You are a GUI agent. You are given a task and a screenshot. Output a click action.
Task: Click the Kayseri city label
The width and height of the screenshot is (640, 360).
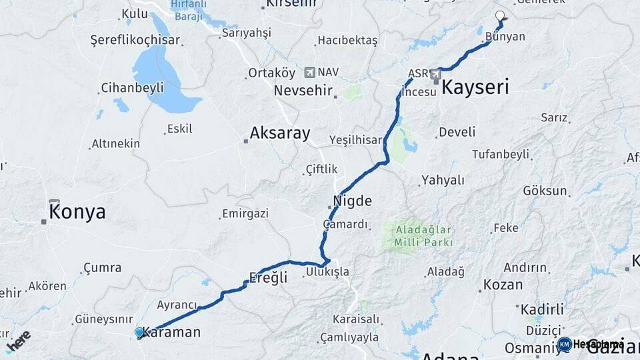point(475,87)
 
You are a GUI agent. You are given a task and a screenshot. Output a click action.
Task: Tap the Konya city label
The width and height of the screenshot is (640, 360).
point(77,212)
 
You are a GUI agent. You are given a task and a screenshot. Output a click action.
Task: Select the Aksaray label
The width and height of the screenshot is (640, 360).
point(280,133)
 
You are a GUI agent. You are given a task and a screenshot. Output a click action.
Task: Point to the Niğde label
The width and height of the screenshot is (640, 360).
point(353,201)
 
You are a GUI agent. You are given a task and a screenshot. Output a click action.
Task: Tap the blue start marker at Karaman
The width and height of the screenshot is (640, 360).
point(139,332)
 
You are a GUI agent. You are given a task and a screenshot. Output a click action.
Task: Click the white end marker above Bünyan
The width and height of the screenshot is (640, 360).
point(500,15)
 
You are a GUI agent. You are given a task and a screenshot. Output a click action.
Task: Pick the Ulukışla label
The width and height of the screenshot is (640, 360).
point(327,271)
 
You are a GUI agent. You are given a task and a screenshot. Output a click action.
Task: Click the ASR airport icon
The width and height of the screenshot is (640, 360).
point(436,73)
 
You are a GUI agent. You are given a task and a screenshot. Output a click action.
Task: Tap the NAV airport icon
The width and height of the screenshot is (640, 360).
point(309,72)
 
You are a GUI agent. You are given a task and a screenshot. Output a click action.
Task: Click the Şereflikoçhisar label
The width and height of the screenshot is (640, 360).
point(135,40)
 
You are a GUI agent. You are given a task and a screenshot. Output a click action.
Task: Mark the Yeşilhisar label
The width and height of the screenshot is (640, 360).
point(357,139)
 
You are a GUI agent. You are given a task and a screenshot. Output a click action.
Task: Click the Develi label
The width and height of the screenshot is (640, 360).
point(457,132)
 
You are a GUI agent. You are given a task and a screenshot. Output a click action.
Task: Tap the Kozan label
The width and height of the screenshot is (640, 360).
point(503,285)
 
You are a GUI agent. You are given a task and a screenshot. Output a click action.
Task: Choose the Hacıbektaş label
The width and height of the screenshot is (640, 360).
point(347,40)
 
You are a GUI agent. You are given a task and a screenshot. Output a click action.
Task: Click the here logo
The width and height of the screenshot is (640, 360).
point(19,340)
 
